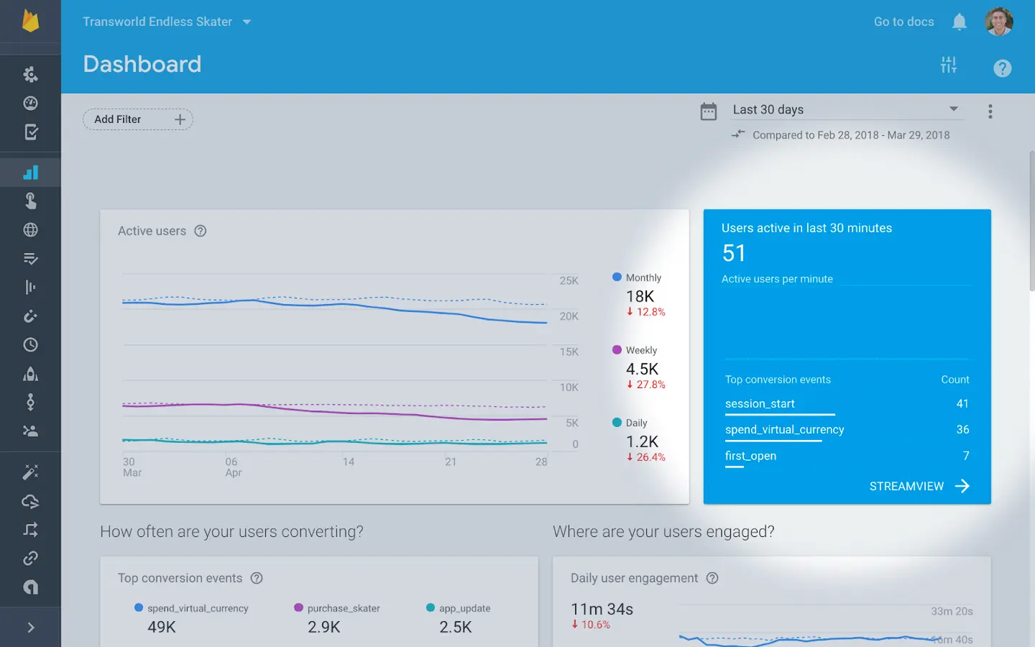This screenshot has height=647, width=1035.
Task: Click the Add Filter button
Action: coord(137,119)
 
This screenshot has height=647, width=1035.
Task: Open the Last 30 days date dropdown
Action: coord(845,109)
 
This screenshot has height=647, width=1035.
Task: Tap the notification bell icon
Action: coord(959,22)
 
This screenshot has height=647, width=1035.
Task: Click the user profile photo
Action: coord(998,22)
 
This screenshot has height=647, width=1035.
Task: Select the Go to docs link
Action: coord(903,22)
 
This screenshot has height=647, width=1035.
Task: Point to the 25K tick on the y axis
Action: coord(569,281)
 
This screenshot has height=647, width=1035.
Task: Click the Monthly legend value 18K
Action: coord(640,296)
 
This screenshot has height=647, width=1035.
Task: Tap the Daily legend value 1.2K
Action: coord(642,441)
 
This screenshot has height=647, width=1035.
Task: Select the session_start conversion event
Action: coord(760,404)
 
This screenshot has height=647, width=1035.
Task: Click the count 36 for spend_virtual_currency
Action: coord(962,430)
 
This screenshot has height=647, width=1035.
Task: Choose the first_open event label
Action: coord(750,456)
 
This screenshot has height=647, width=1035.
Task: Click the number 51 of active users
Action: coord(734,253)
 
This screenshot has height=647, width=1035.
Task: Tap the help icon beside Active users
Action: coord(201,231)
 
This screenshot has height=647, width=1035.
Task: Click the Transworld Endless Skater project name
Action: coord(157,22)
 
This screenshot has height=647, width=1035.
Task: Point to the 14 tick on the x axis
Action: coord(349,462)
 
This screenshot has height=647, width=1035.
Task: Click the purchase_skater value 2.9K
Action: coord(323,627)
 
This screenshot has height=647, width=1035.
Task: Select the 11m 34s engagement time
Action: coord(602,610)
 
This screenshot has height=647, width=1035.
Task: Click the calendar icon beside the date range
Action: coord(709,111)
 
